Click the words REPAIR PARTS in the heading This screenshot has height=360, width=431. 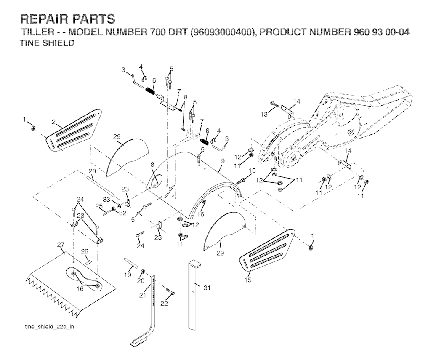click(68, 19)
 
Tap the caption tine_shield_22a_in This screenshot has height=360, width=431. click(49, 327)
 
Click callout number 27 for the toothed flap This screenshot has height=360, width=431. click(61, 244)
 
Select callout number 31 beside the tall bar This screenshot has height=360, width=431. click(207, 288)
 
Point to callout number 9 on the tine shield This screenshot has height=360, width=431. click(223, 161)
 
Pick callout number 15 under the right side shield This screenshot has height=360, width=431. click(247, 280)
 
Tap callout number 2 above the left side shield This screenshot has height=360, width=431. click(54, 122)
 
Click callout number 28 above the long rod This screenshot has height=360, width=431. click(92, 171)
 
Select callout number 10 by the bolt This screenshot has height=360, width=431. click(252, 171)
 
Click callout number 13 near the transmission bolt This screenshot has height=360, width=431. click(264, 115)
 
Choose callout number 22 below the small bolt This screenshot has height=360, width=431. click(164, 303)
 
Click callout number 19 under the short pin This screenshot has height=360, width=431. click(128, 275)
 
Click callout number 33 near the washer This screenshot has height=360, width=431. click(106, 199)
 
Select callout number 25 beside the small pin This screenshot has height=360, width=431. click(98, 206)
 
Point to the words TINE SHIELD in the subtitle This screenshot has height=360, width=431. click(47, 43)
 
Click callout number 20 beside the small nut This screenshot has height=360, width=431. click(141, 281)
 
